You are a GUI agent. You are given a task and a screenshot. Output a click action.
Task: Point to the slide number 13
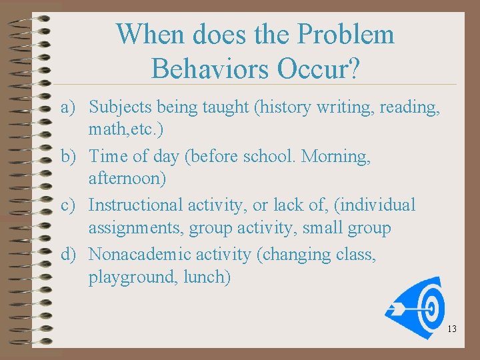click(x=452, y=329)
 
